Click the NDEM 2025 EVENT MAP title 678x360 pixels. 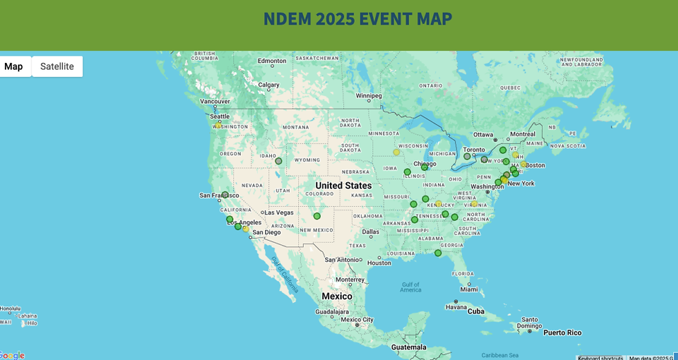[x=358, y=19]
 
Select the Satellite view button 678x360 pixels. [x=57, y=66]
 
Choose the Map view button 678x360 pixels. [x=14, y=66]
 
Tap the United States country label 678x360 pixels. [x=343, y=186]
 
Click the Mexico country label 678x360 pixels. [x=337, y=296]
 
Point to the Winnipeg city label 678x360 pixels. [x=369, y=96]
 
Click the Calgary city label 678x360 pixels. [x=268, y=85]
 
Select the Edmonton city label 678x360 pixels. [x=272, y=61]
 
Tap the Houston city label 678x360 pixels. [x=378, y=262]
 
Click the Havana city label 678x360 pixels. [x=456, y=307]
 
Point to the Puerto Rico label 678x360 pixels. [x=562, y=332]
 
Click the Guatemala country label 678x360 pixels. [x=408, y=347]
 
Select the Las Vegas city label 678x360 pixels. [x=279, y=213]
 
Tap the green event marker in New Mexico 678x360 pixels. [x=317, y=216]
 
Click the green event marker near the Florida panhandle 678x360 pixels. [x=438, y=253]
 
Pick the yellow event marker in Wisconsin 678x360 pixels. [x=396, y=152]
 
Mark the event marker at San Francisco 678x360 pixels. [x=225, y=195]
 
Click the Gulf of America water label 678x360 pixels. [x=410, y=287]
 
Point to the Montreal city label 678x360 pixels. [x=522, y=134]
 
